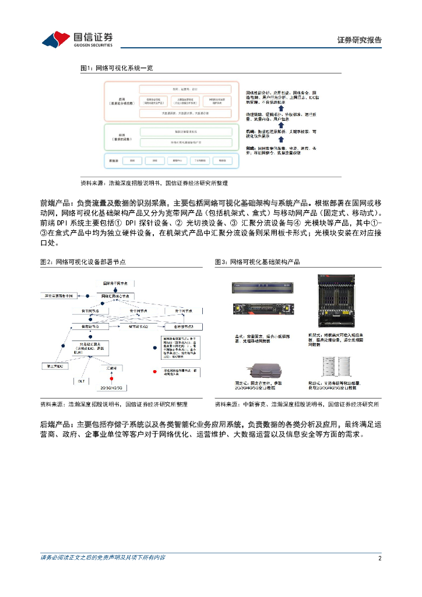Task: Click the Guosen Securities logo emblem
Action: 56,38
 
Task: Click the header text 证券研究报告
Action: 360,40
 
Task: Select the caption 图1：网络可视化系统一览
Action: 116,68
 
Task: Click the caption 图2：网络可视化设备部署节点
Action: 83,262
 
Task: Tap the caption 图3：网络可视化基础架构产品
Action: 258,262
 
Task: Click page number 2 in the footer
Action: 379,558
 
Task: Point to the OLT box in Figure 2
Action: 82,381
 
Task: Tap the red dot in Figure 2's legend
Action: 154,371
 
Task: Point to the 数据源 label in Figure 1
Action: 113,160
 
